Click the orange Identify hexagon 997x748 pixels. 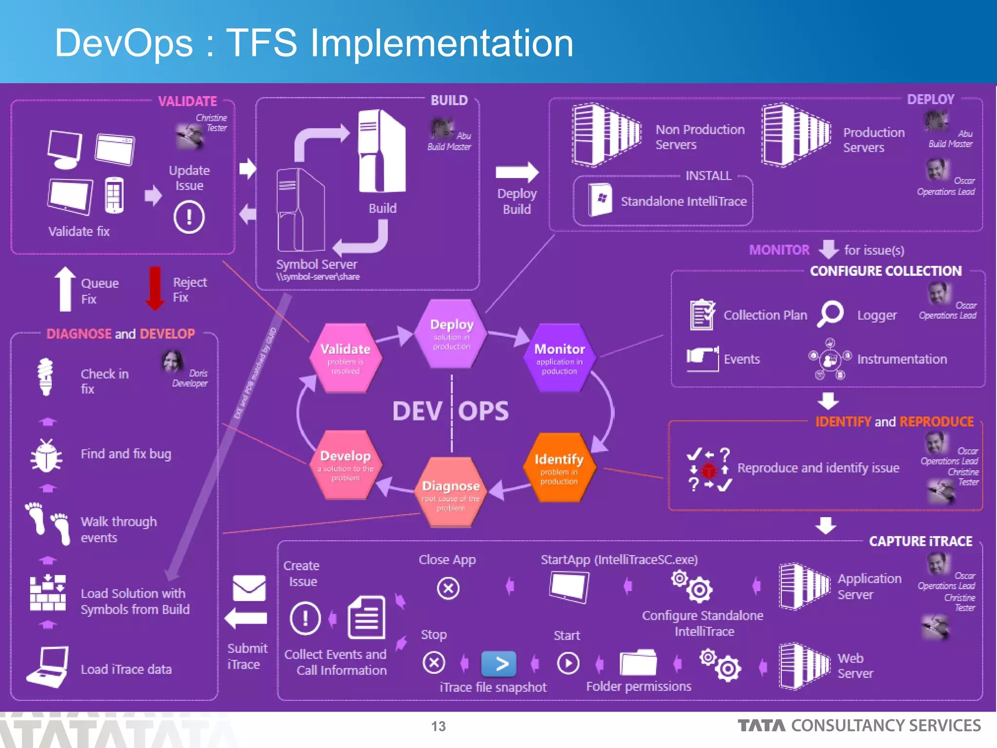point(559,468)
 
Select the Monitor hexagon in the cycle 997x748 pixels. point(559,358)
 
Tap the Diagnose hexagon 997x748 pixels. point(451,492)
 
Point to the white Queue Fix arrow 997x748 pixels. point(65,289)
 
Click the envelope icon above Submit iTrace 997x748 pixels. point(249,588)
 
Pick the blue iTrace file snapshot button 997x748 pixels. point(498,663)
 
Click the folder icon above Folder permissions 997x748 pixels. point(637,663)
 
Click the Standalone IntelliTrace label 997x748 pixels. point(683,201)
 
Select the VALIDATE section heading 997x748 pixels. point(187,101)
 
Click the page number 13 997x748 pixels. point(438,726)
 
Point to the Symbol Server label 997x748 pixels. point(316,264)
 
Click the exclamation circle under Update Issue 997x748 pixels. point(189,217)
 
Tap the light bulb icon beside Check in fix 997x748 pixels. point(46,376)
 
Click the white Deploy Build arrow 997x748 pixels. point(517,172)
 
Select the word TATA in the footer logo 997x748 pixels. point(761,726)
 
